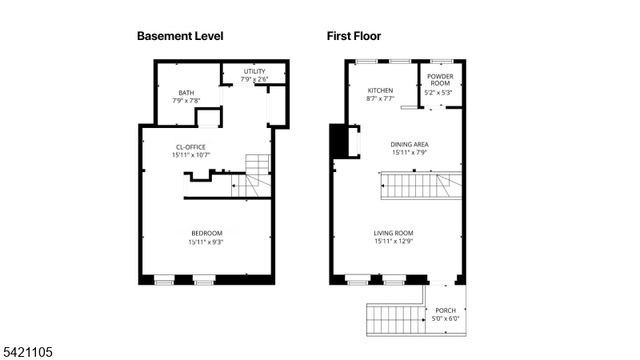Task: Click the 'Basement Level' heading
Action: pyautogui.click(x=179, y=36)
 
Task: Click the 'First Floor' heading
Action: pyautogui.click(x=358, y=36)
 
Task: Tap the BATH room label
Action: pyautogui.click(x=186, y=92)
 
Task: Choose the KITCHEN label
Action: pyautogui.click(x=380, y=91)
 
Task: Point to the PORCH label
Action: pyautogui.click(x=445, y=311)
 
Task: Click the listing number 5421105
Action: pyautogui.click(x=28, y=352)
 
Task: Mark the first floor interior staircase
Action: pyautogui.click(x=420, y=185)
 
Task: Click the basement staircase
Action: pyautogui.click(x=256, y=176)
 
